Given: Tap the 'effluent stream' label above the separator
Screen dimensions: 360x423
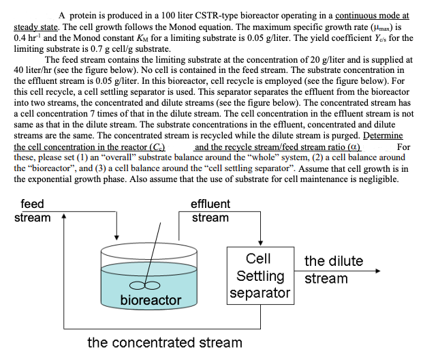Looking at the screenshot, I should tap(210, 211).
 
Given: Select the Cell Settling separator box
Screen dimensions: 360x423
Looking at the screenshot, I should tap(259, 276).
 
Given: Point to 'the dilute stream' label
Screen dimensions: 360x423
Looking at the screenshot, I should tap(333, 269).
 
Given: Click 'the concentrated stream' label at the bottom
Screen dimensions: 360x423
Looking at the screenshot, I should tap(164, 342).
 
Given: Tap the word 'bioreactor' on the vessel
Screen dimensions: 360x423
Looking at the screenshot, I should tap(151, 300).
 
